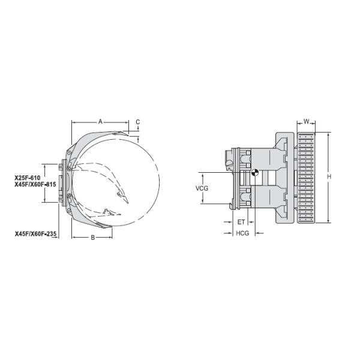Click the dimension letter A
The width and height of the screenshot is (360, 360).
pos(101,121)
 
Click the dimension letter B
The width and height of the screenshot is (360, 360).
pos(92,238)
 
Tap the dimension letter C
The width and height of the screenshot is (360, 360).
pos(137,122)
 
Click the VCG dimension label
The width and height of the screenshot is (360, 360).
pos(202,188)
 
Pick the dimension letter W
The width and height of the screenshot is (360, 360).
pos(307,122)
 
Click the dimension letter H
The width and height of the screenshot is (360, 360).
pos(329,177)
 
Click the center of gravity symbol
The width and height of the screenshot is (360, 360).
pos(254,173)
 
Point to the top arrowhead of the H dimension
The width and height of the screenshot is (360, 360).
pos(329,134)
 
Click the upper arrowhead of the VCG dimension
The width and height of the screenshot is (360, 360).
pos(202,175)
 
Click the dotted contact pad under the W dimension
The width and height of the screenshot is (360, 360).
pos(306,178)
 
